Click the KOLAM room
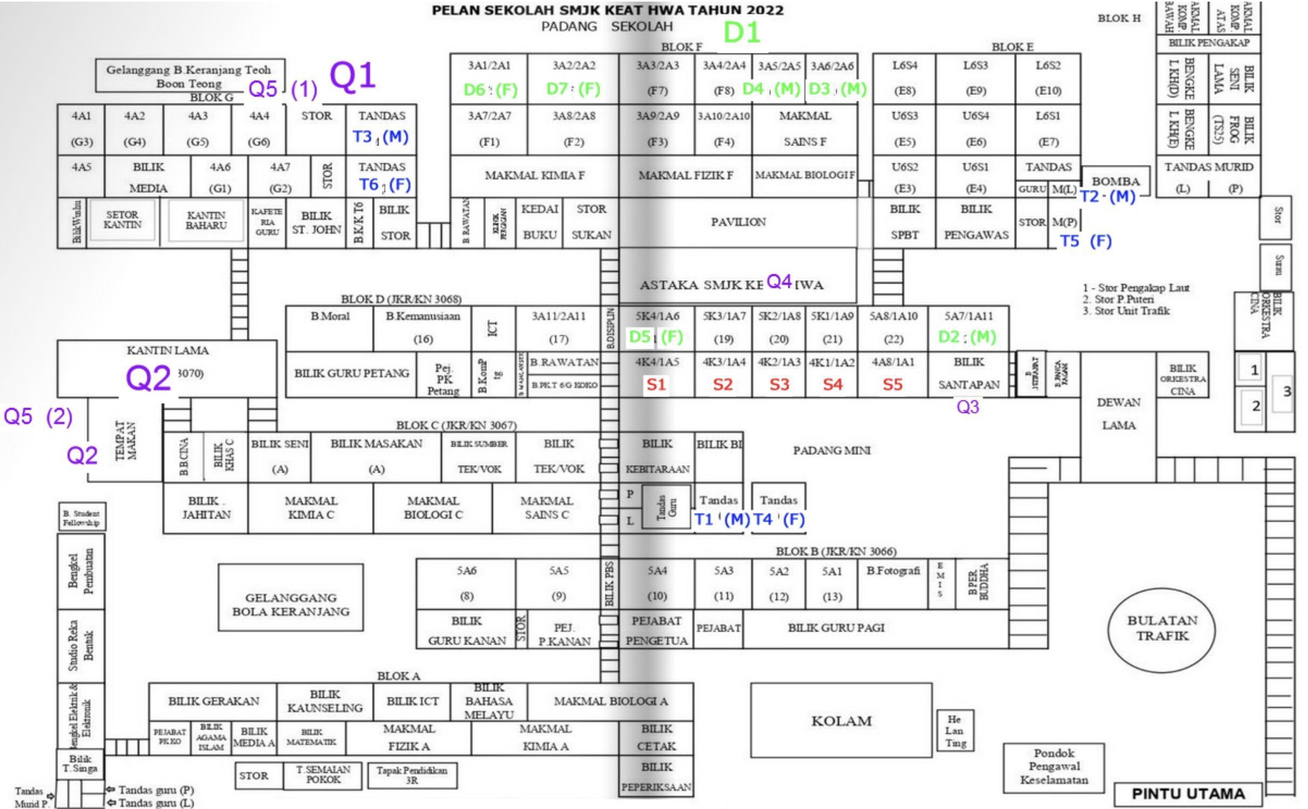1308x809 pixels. [x=841, y=721]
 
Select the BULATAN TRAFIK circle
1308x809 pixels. [x=1162, y=628]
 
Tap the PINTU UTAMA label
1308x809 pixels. [x=1188, y=794]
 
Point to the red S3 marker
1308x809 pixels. [x=779, y=384]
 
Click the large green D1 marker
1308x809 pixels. [x=741, y=32]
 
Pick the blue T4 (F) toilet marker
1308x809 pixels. [x=779, y=520]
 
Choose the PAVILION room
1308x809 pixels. [x=738, y=222]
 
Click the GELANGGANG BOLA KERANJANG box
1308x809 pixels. [x=291, y=604]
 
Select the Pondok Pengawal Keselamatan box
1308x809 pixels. [x=1054, y=766]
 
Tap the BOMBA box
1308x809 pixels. [x=1116, y=182]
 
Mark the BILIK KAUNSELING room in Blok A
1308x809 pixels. [x=325, y=701]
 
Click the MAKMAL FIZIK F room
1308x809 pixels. [x=685, y=176]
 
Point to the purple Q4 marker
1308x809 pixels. [x=779, y=281]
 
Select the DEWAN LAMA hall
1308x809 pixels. [x=1118, y=414]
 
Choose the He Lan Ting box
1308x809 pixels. [x=955, y=731]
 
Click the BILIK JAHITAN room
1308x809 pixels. [x=206, y=508]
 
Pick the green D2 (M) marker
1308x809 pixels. [x=967, y=337]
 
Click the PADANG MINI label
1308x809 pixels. [x=831, y=451]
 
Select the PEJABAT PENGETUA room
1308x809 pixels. [x=656, y=631]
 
